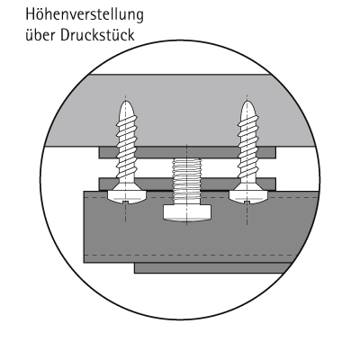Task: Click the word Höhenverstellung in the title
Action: point(85,15)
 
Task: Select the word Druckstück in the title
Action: point(97,35)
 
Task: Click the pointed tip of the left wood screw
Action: point(126,102)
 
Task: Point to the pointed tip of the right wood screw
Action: point(247,102)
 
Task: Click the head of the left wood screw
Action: point(126,196)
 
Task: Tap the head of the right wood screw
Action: point(248,196)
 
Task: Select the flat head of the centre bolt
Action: point(186,213)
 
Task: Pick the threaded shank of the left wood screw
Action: point(126,150)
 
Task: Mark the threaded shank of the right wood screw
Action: point(248,150)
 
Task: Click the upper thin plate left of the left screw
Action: point(108,152)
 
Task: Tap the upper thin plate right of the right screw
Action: point(267,152)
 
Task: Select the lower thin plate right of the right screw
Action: point(266,184)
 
